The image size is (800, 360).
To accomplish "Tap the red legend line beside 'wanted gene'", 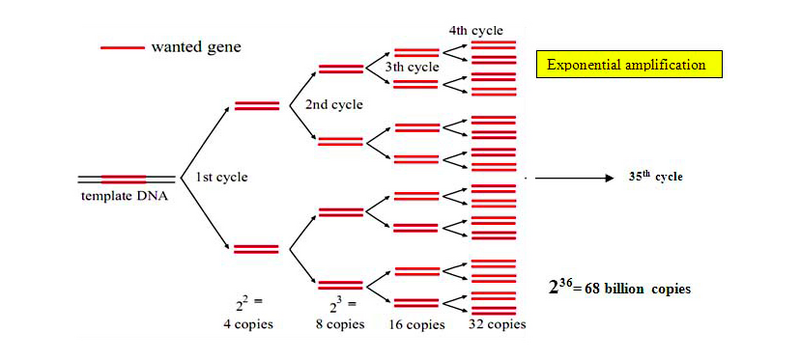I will click(x=122, y=47).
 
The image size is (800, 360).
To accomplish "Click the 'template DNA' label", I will click(x=123, y=196).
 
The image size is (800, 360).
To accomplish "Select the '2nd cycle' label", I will click(x=327, y=104).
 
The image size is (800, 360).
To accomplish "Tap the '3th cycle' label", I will click(x=411, y=66).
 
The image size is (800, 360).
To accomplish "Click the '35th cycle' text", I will click(x=655, y=177).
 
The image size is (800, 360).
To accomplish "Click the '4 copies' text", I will click(x=249, y=323).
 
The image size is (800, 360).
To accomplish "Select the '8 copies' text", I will click(x=340, y=323).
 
